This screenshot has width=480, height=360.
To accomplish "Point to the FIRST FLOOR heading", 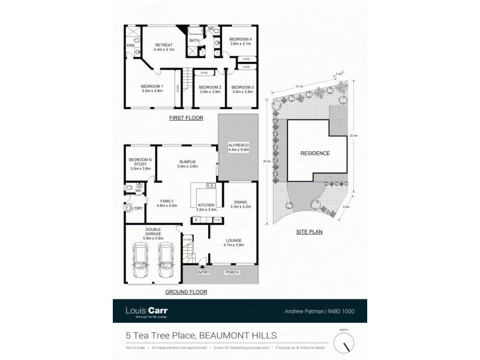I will [x=185, y=118].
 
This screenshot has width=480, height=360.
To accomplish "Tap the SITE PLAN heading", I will [x=309, y=230].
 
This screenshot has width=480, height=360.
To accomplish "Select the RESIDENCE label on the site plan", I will [x=315, y=154].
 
